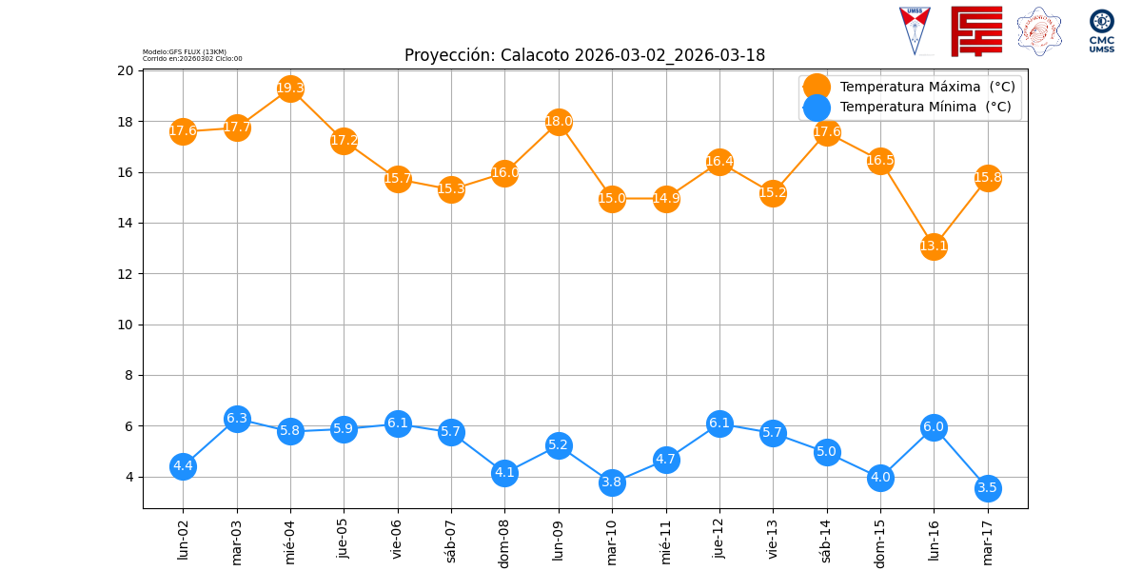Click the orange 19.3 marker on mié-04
290,89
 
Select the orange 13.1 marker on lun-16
934,246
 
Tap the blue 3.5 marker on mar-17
987,488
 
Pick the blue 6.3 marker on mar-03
237,419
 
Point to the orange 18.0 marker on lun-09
559,122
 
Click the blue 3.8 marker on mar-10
612,482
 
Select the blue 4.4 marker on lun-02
183,466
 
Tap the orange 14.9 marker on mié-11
666,199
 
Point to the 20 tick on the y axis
126,70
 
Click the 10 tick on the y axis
126,325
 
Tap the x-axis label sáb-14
826,540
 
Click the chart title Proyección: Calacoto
584,55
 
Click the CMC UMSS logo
1101,30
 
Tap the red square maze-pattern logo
976,30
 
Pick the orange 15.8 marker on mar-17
987,178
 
